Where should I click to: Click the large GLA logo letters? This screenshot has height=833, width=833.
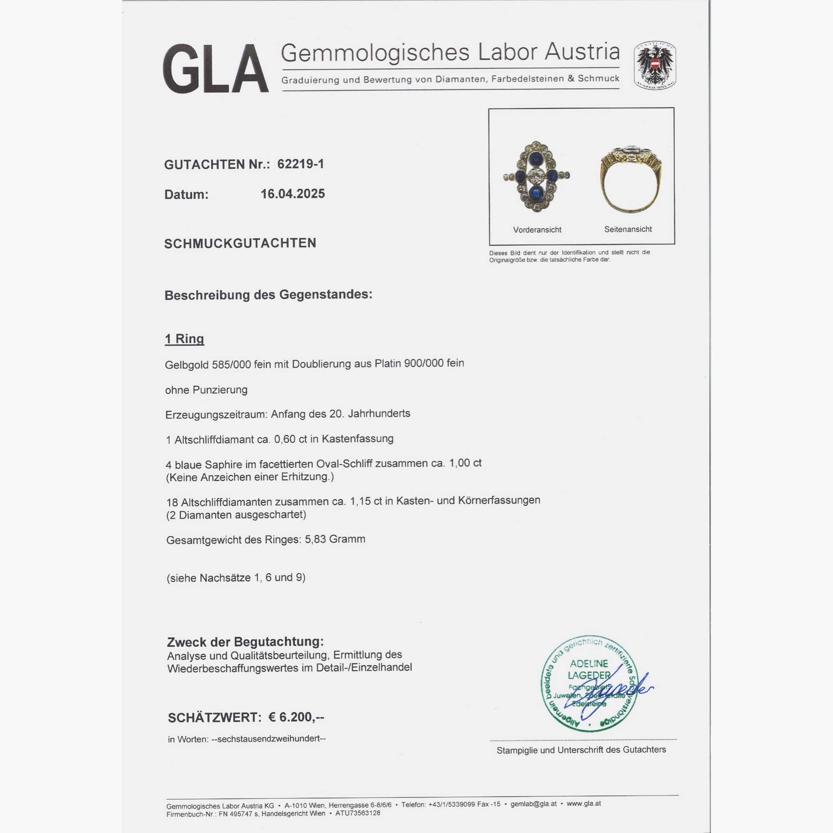pyautogui.click(x=215, y=69)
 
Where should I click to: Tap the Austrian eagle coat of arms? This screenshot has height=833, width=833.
pyautogui.click(x=654, y=65)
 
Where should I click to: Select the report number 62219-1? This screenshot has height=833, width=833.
pyautogui.click(x=301, y=164)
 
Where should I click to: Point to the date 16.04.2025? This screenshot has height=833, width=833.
pyautogui.click(x=293, y=194)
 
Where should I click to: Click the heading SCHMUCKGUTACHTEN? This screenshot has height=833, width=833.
pyautogui.click(x=240, y=243)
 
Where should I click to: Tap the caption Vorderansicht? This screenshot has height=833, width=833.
pyautogui.click(x=537, y=230)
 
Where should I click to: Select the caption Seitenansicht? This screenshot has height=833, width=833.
pyautogui.click(x=628, y=229)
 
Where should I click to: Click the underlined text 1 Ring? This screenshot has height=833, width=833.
pyautogui.click(x=185, y=339)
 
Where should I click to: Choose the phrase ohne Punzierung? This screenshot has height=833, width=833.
pyautogui.click(x=206, y=390)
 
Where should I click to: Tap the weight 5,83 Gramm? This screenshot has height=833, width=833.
pyautogui.click(x=335, y=539)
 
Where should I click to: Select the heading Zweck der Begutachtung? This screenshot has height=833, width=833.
pyautogui.click(x=245, y=642)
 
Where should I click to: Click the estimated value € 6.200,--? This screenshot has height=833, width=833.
pyautogui.click(x=296, y=718)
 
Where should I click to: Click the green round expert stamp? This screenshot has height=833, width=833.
pyautogui.click(x=589, y=683)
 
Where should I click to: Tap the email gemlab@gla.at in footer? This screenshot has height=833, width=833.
pyautogui.click(x=534, y=804)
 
